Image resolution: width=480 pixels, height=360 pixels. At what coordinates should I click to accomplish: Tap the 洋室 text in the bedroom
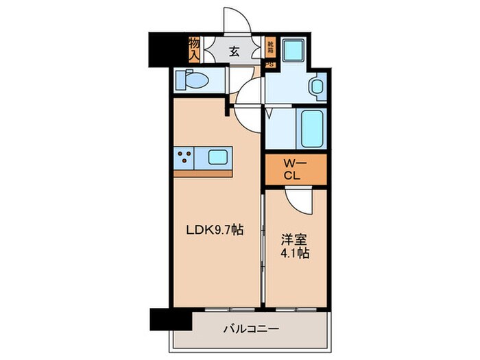[294, 241]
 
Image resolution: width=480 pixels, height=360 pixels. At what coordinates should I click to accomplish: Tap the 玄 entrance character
[234, 51]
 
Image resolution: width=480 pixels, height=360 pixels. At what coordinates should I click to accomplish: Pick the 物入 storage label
[194, 49]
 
